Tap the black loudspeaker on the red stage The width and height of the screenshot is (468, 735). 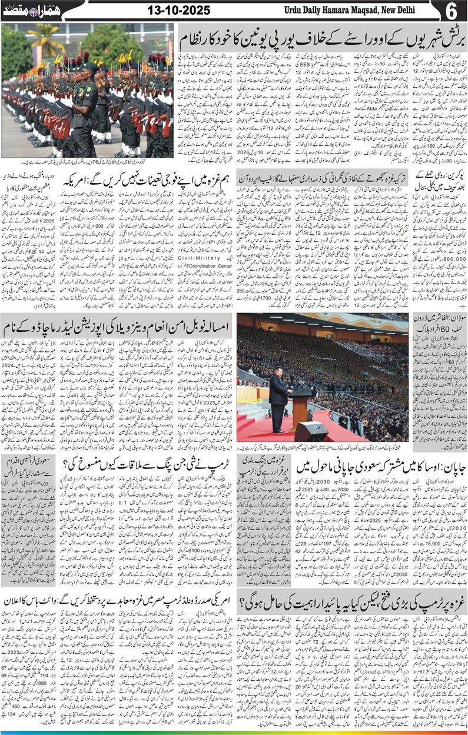[x=310, y=431]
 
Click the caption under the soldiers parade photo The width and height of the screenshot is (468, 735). [x=88, y=162]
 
